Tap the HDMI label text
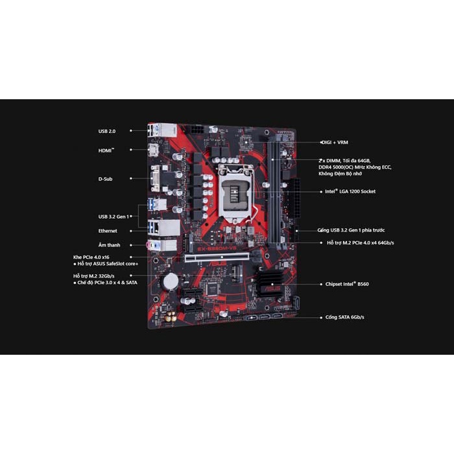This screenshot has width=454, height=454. point(105,150)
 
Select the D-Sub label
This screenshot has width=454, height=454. point(105,178)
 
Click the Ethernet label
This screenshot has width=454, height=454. point(108,230)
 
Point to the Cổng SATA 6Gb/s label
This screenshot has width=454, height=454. point(346,317)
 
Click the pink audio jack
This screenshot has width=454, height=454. point(154,245)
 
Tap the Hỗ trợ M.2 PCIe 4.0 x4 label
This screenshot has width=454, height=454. point(361,243)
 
